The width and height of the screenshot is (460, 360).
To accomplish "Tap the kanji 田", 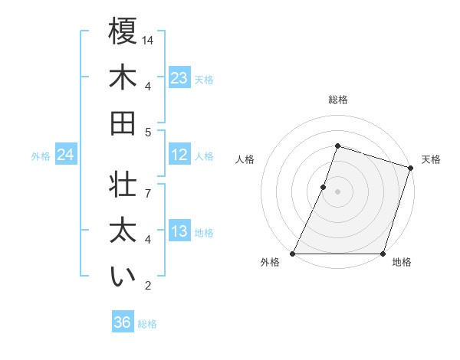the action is pos(123,123).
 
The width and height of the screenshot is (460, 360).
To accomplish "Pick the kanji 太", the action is pos(123,231).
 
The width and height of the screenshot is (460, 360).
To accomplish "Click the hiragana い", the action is pos(123,277).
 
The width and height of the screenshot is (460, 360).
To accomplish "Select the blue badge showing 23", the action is pos(179,78).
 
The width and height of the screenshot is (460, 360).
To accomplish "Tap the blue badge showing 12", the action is pos(179,155).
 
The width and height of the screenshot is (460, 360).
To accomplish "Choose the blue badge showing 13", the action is pos(179,231).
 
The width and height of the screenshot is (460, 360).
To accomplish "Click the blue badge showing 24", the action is pos(66,155).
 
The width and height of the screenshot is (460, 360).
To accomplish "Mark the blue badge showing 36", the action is pos(123,322).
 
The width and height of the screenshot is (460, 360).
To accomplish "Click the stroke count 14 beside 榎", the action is pos(148,40).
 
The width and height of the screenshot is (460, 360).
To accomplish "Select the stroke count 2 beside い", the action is pos(148,286).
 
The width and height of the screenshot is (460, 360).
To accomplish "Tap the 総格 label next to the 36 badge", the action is pos(148,324).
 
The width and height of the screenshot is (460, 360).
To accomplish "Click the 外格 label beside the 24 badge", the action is pos(41,156).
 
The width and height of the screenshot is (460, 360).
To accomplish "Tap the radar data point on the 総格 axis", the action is pos(337,146).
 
